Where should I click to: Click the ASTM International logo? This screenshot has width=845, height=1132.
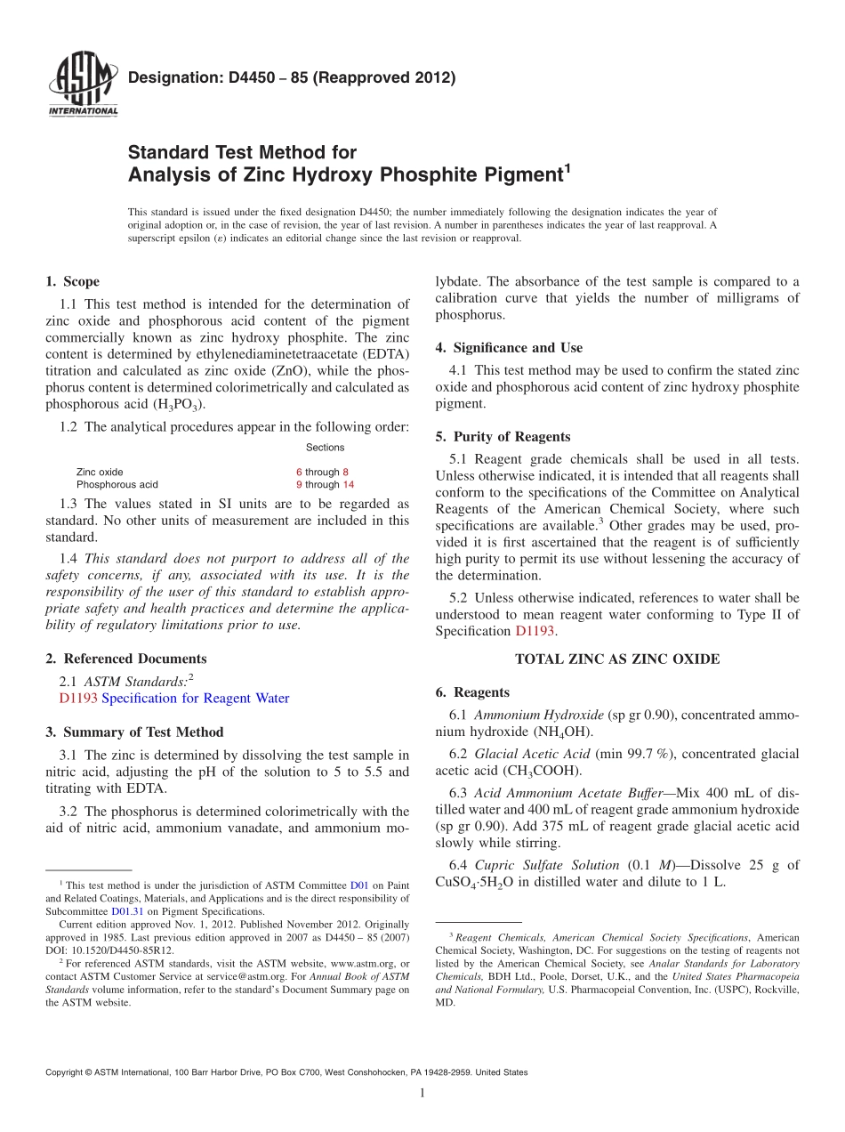(x=83, y=85)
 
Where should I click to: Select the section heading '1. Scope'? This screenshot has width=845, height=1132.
(x=72, y=282)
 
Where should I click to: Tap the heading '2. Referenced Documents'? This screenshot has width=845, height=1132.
(x=126, y=659)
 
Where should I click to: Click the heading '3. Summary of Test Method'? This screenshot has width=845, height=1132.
(x=134, y=732)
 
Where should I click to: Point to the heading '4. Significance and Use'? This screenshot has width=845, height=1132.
(x=509, y=348)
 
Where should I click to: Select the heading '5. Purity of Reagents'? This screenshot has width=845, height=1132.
(x=503, y=437)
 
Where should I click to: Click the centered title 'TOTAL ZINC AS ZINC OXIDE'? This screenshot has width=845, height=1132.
(x=617, y=659)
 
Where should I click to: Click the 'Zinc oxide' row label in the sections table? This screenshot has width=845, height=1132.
(x=100, y=472)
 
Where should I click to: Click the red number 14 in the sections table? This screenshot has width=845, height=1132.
(x=348, y=485)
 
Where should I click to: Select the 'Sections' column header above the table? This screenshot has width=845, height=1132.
(x=325, y=448)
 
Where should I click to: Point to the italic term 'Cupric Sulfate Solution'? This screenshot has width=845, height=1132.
(x=546, y=865)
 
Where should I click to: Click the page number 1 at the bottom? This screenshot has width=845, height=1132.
(x=422, y=1094)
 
